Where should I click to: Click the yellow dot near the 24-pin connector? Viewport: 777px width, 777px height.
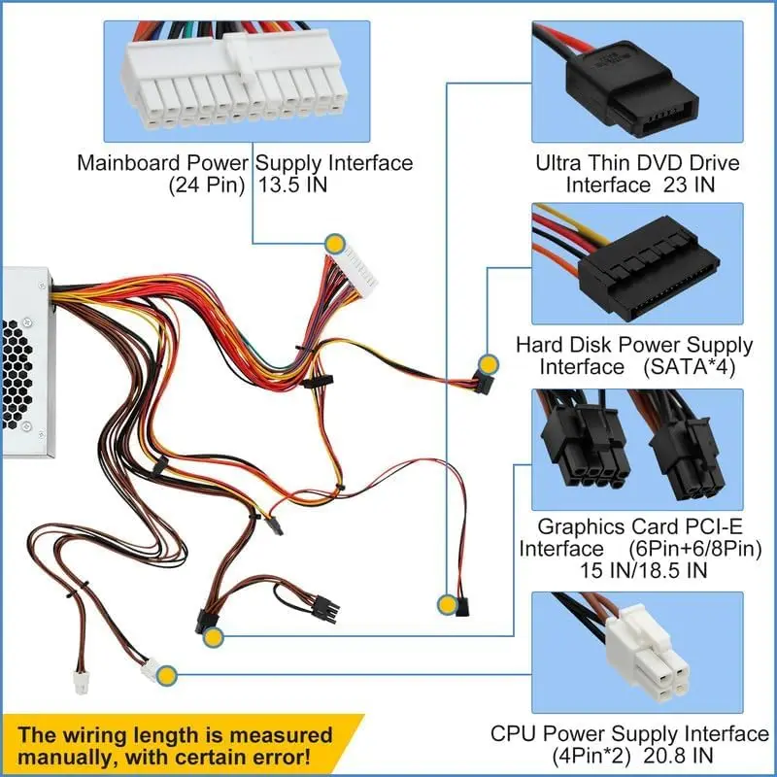tap(335, 244)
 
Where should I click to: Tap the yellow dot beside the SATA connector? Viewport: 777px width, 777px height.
tap(490, 365)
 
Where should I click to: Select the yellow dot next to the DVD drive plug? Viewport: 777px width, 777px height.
tap(447, 604)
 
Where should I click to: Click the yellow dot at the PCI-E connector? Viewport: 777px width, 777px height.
tap(213, 637)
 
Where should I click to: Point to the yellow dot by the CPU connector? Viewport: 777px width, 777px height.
tap(166, 675)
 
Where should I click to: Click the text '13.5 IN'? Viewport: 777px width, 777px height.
tap(293, 185)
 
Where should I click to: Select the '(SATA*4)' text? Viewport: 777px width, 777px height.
tap(689, 367)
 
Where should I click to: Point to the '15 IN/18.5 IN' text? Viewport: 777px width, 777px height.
tap(643, 570)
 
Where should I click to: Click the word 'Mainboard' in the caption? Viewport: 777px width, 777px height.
tap(128, 163)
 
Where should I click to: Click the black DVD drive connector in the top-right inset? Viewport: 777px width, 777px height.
tap(633, 90)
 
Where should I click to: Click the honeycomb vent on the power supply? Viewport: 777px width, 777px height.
tap(17, 374)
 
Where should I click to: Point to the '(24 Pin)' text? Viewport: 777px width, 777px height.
tap(207, 186)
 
